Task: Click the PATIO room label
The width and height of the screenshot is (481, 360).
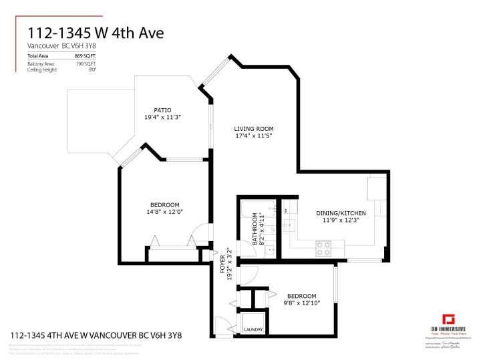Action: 162,110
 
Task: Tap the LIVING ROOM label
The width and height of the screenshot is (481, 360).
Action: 253,129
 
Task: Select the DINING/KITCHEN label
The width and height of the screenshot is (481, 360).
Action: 341,214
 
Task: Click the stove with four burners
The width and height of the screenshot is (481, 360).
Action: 323,248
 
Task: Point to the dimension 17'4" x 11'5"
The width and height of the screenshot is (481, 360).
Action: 253,136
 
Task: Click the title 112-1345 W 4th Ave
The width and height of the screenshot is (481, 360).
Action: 95,33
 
